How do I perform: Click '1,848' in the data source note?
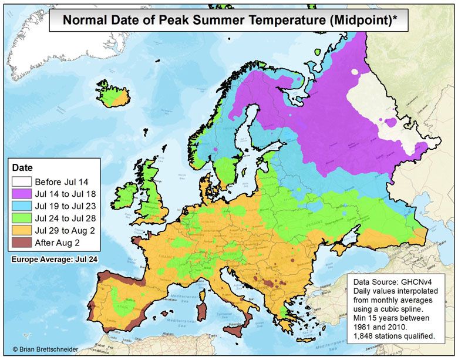(366, 336)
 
